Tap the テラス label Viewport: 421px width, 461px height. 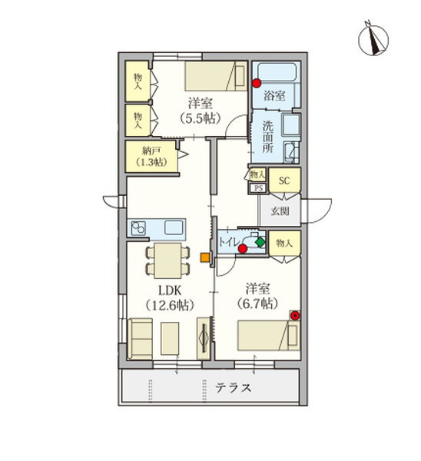tap(232, 387)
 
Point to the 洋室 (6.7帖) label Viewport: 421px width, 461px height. tap(257, 296)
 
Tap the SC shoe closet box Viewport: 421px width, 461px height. tap(283, 181)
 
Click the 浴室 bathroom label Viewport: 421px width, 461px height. tap(275, 96)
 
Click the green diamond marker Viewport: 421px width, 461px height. tap(260, 242)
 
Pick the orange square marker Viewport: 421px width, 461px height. tap(204, 257)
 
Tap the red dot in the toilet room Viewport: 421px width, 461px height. tap(243, 249)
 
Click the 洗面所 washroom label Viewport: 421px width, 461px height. tap(267, 134)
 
